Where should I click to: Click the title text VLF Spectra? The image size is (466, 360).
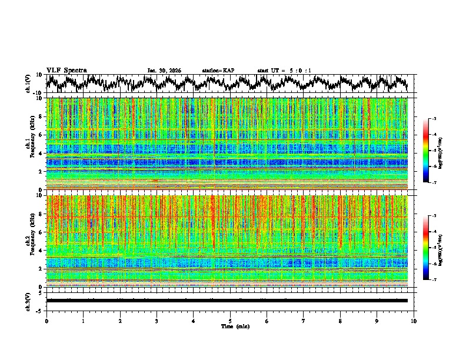tap(66, 70)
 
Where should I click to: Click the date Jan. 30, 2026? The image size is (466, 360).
tap(164, 71)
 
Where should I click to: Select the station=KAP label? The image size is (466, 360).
tap(218, 71)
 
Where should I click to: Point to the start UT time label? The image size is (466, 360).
tap(284, 71)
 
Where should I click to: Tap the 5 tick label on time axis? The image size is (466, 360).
tap(230, 321)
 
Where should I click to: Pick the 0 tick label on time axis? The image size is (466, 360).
tap(46, 321)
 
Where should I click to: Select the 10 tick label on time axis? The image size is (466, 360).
tap(414, 321)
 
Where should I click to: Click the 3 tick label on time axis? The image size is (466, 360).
tap(157, 321)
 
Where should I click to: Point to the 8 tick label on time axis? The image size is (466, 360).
tap(340, 321)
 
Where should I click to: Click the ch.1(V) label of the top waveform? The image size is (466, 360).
tap(29, 84)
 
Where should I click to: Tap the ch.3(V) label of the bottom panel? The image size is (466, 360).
tap(29, 301)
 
